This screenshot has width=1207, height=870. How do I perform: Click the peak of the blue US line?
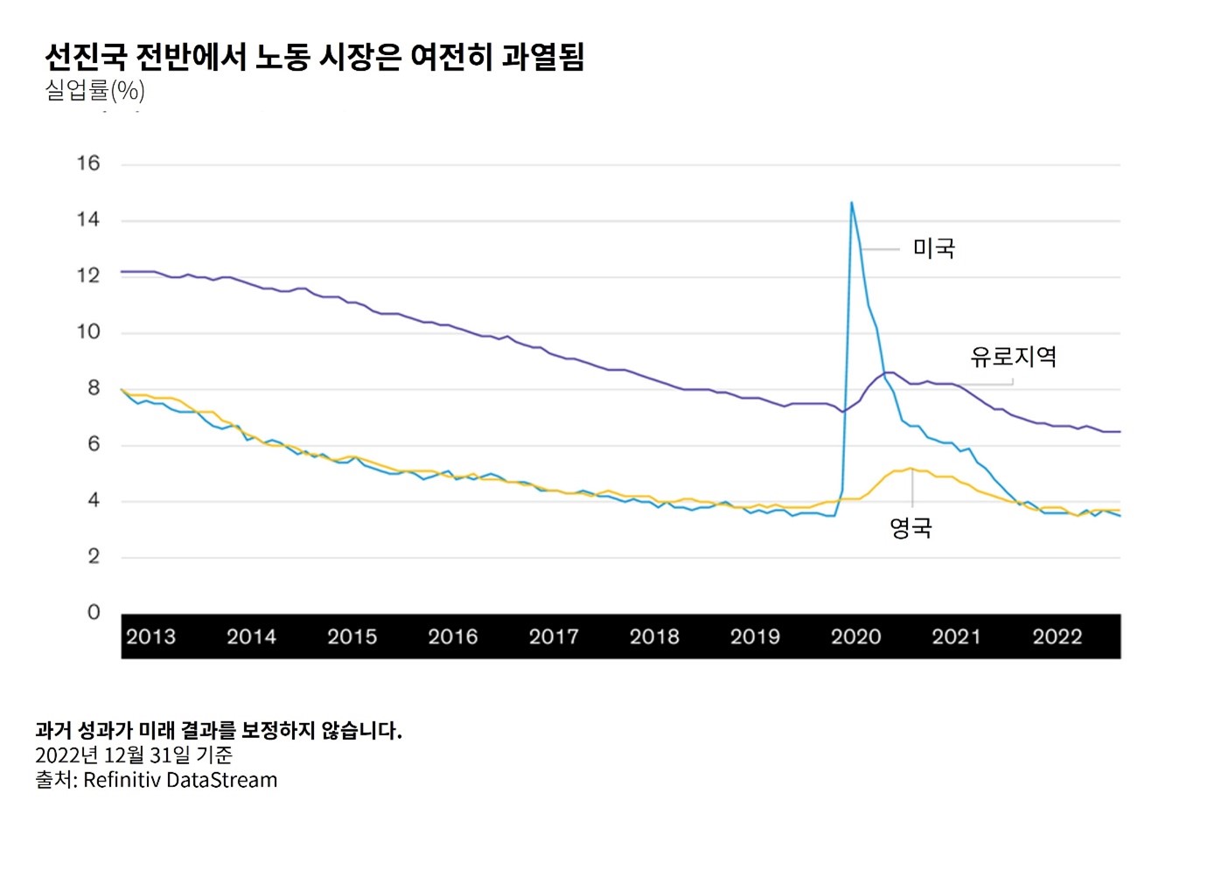tap(851, 203)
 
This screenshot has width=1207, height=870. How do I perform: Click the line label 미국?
tap(933, 248)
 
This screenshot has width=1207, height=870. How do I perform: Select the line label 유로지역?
tap(1013, 357)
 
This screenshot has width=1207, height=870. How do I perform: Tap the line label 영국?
tap(910, 527)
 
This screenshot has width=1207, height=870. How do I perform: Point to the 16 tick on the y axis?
tap(88, 164)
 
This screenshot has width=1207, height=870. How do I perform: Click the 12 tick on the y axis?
tap(88, 275)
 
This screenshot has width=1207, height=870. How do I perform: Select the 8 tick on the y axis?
tap(93, 388)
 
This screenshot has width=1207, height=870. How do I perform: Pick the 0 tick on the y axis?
tap(94, 612)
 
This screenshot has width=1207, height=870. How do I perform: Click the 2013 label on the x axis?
tap(150, 637)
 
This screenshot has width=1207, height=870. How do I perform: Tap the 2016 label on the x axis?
tap(452, 637)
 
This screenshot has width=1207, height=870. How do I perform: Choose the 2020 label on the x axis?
tap(855, 637)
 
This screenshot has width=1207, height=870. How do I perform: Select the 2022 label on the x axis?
tap(1057, 637)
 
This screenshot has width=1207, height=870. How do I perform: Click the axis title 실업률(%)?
tap(94, 90)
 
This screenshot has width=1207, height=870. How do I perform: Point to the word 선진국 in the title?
tap(85, 57)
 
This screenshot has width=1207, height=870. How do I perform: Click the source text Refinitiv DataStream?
tap(180, 780)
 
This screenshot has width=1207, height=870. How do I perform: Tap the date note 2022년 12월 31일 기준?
tap(134, 755)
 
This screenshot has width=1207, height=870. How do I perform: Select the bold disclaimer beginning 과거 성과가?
tap(218, 730)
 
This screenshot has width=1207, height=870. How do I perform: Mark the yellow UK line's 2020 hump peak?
tap(910, 468)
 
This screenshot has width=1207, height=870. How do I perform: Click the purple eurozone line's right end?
tap(1119, 432)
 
